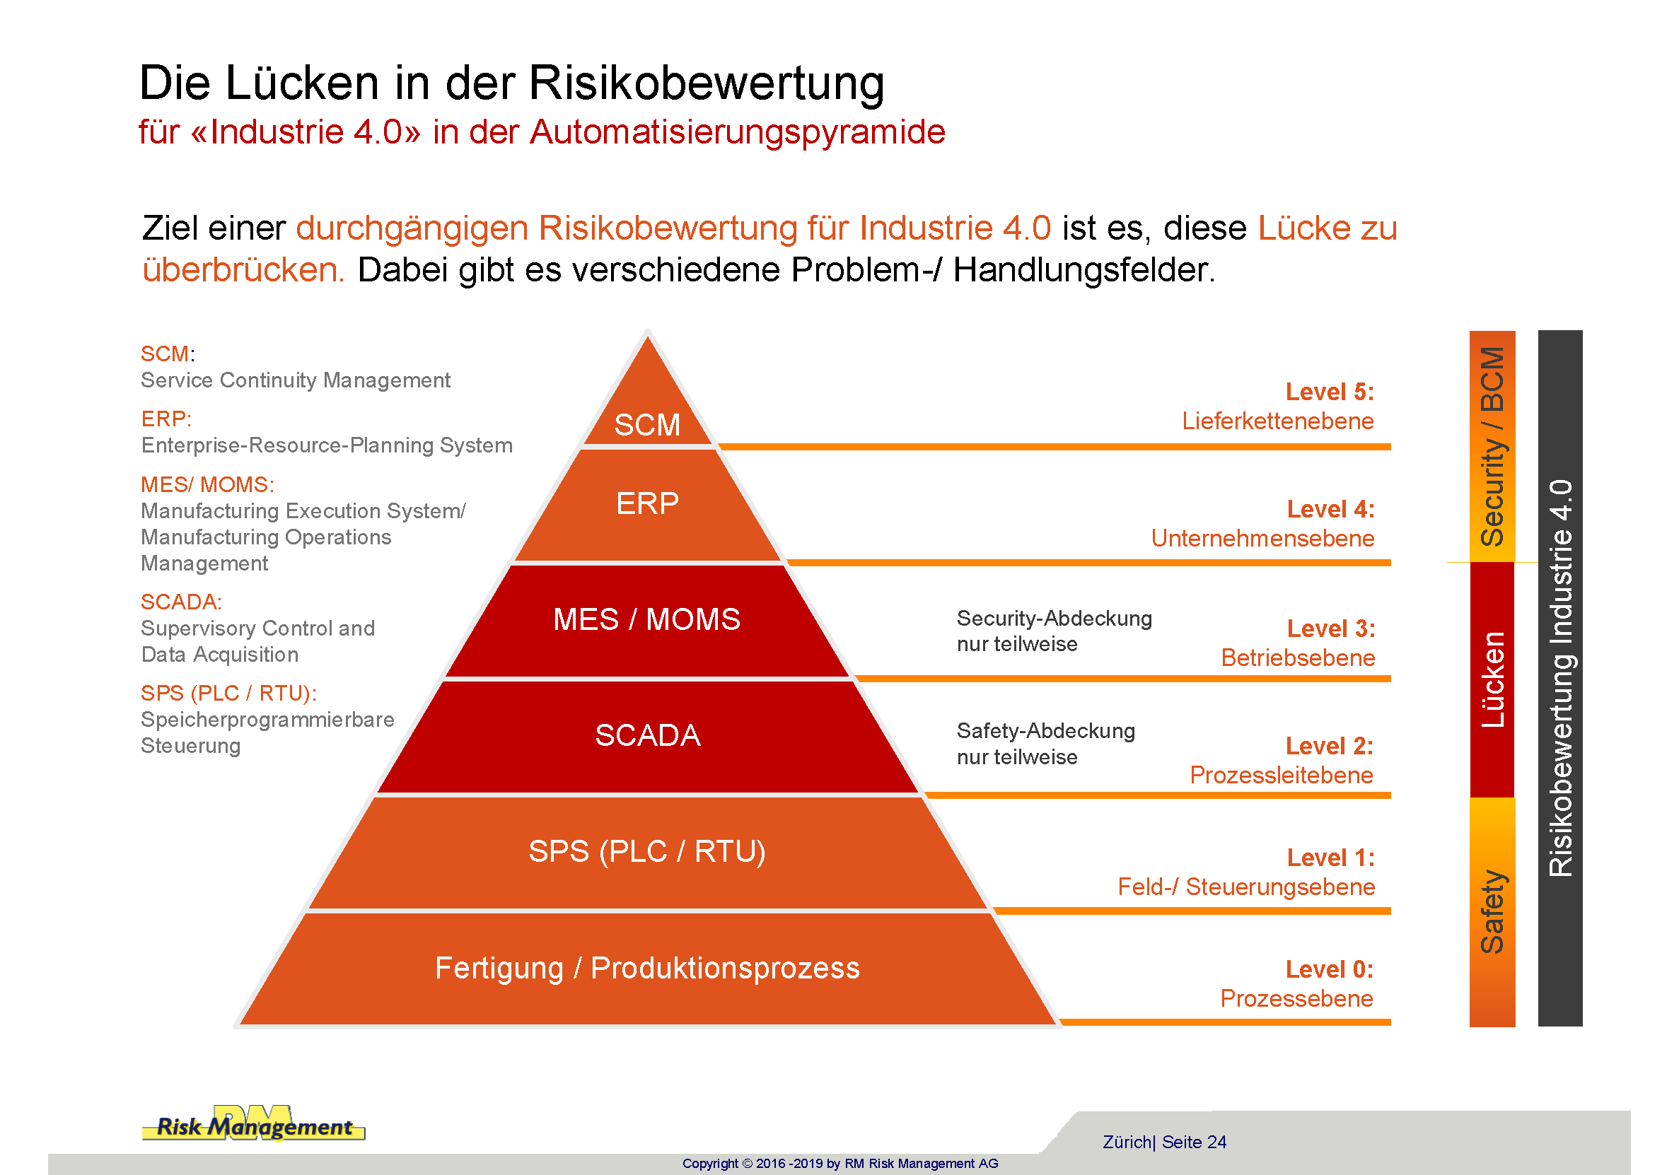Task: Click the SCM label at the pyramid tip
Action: (x=647, y=425)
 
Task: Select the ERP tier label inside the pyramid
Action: (x=647, y=503)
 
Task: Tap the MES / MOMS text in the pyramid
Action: (x=646, y=619)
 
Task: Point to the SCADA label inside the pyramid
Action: (x=647, y=735)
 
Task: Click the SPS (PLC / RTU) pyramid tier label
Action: (x=647, y=851)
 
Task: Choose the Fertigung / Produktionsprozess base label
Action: (x=647, y=967)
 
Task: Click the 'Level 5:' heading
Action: (x=1330, y=392)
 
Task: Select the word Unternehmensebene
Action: (x=1262, y=538)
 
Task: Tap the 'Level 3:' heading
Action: (x=1331, y=628)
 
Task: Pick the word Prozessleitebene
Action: (x=1282, y=775)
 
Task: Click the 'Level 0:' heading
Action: (x=1330, y=969)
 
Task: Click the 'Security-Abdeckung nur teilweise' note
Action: (x=1054, y=631)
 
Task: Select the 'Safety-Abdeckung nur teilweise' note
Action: (x=1046, y=744)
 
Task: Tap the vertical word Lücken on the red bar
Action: (x=1492, y=679)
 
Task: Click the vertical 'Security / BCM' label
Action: (x=1492, y=446)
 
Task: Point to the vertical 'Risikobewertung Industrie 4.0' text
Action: (x=1560, y=678)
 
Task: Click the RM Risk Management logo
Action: (x=254, y=1123)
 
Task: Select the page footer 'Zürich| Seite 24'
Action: (x=1164, y=1142)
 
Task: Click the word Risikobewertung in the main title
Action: (x=706, y=83)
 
